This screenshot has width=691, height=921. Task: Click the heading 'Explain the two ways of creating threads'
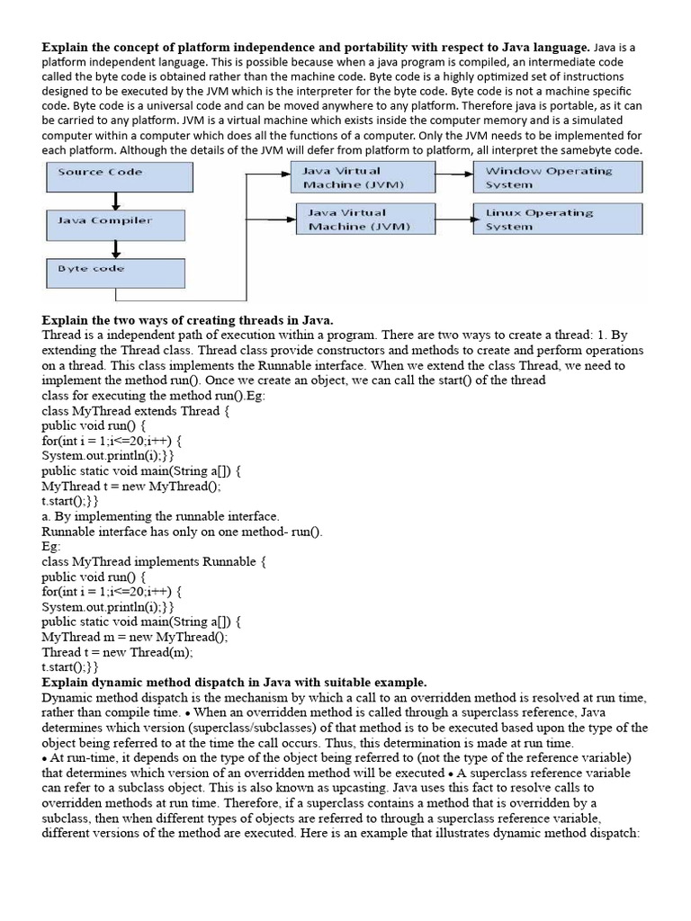tap(187, 320)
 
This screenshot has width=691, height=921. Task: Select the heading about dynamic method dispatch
tap(234, 683)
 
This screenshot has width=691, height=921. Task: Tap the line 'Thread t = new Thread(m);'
tap(118, 653)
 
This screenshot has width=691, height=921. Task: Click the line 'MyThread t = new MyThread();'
tap(130, 487)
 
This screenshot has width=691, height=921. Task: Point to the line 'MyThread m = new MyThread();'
tap(135, 638)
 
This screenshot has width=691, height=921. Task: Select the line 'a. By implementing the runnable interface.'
tap(161, 517)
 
